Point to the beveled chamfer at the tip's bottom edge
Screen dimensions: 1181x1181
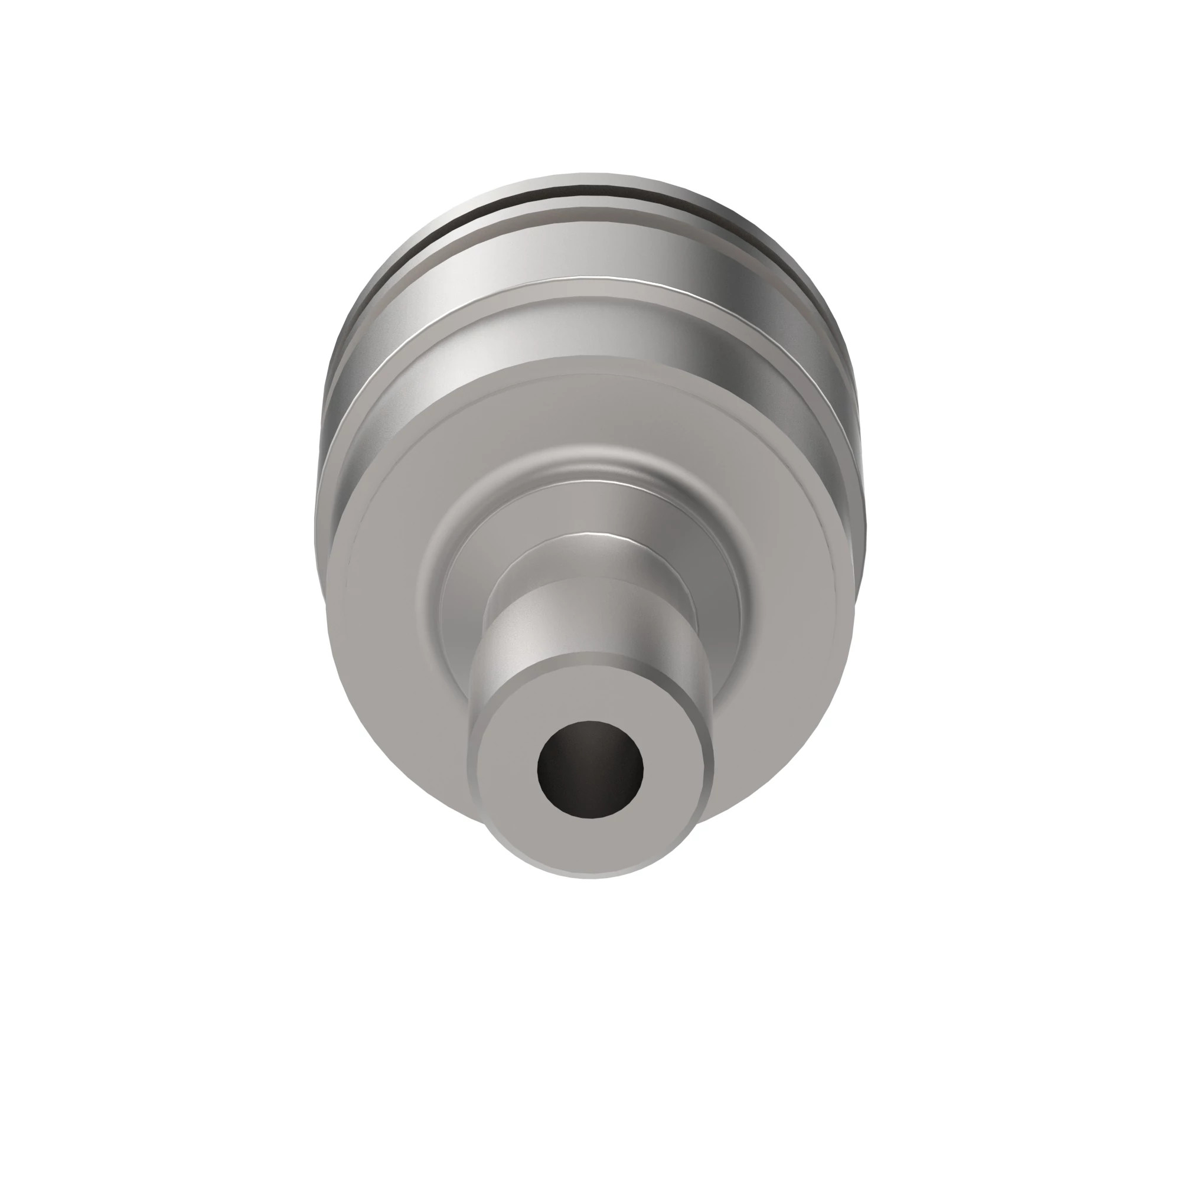(590, 869)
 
